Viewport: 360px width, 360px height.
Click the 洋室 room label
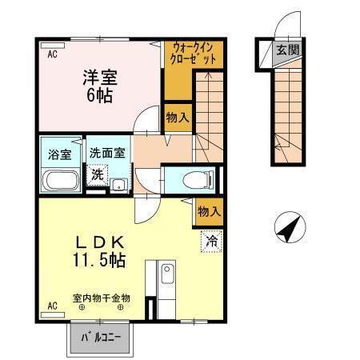click(100, 78)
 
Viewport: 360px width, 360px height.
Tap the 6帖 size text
click(100, 96)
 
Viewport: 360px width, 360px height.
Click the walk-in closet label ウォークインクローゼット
click(194, 54)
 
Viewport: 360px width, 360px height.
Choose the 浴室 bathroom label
click(60, 152)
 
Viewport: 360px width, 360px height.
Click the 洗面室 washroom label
click(106, 152)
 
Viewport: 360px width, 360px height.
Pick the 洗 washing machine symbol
click(97, 174)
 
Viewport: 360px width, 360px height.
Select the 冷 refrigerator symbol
click(211, 240)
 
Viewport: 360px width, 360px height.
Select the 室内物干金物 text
click(102, 298)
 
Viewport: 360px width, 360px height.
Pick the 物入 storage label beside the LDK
click(209, 212)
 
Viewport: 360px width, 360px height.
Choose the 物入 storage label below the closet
click(178, 118)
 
